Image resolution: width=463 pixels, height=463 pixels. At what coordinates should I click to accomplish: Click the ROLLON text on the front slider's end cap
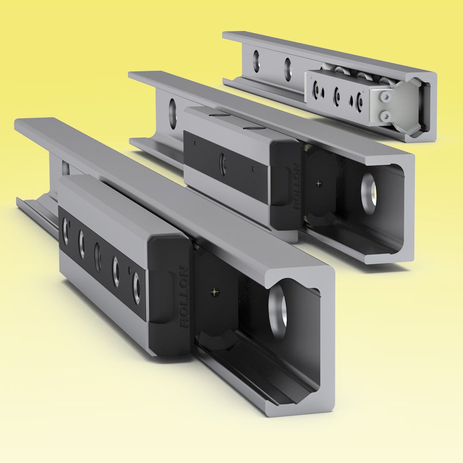pyautogui.click(x=184, y=296)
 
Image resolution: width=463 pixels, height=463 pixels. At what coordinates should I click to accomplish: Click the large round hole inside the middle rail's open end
pyautogui.click(x=369, y=194)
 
